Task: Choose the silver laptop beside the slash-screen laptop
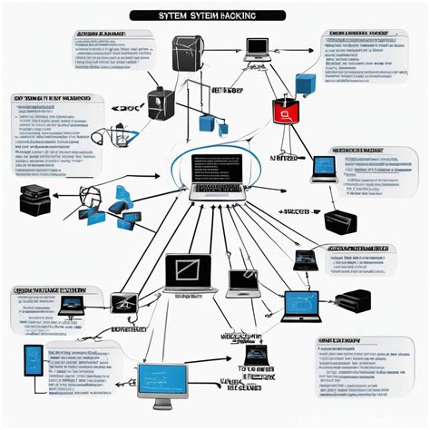coord(241,284)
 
